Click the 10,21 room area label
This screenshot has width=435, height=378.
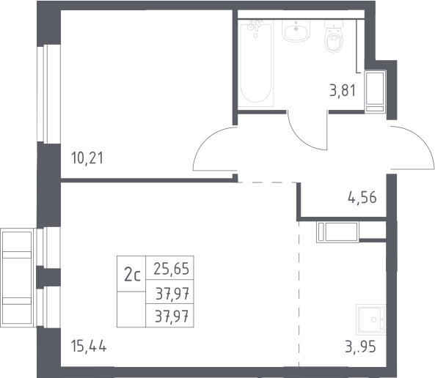coord(87,158)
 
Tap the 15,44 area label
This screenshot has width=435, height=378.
coord(89,346)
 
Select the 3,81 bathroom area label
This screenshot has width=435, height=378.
coord(343,91)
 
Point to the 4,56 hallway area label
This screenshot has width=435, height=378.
coord(362,198)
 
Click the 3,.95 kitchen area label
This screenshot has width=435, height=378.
coord(360,346)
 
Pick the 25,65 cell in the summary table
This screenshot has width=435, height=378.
coord(171,269)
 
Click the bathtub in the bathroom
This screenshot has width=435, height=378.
coord(256,64)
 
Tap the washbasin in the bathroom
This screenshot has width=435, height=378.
coord(296,31)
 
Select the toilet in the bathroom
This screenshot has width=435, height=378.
coord(334,37)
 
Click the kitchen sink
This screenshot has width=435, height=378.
coord(371,320)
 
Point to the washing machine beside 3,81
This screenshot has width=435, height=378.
coord(375,91)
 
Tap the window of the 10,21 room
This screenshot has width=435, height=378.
coord(48,94)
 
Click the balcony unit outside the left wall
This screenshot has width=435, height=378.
coord(17,278)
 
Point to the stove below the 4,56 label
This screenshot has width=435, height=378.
coord(337,232)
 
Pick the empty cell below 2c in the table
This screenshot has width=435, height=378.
coord(131,309)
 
